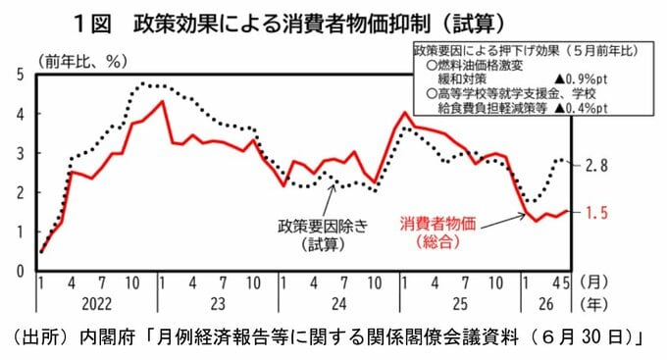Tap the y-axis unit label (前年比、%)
pos(82,62)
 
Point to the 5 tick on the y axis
pos(20,75)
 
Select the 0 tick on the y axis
pos(20,271)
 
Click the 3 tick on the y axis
pos(20,153)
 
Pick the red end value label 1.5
pos(596,213)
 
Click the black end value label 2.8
pos(596,166)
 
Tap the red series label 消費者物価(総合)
pos(437,232)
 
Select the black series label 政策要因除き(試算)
pos(323,234)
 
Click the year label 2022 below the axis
pos(96,304)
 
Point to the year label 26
pos(546,304)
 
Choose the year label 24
pos(338,304)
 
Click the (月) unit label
pos(594,283)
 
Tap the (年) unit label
pos(594,304)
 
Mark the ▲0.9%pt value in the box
pos(581,79)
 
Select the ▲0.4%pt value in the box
pos(581,108)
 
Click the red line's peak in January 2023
pos(163,101)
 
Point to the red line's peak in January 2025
pos(404,113)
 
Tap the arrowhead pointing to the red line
pos(523,216)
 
